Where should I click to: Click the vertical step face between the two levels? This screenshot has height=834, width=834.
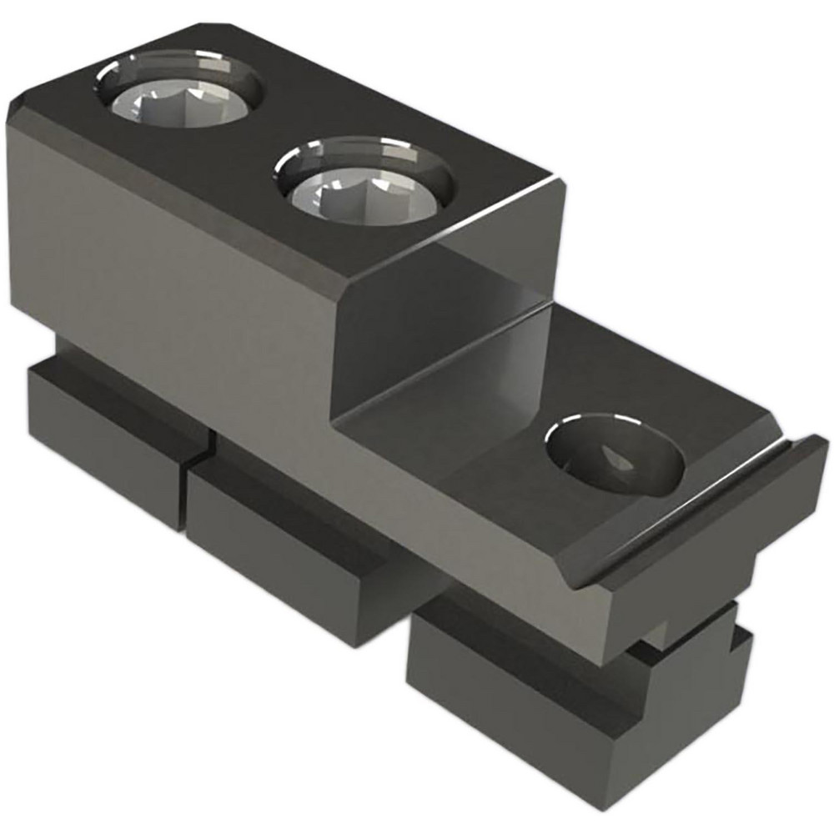click(x=450, y=334)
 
